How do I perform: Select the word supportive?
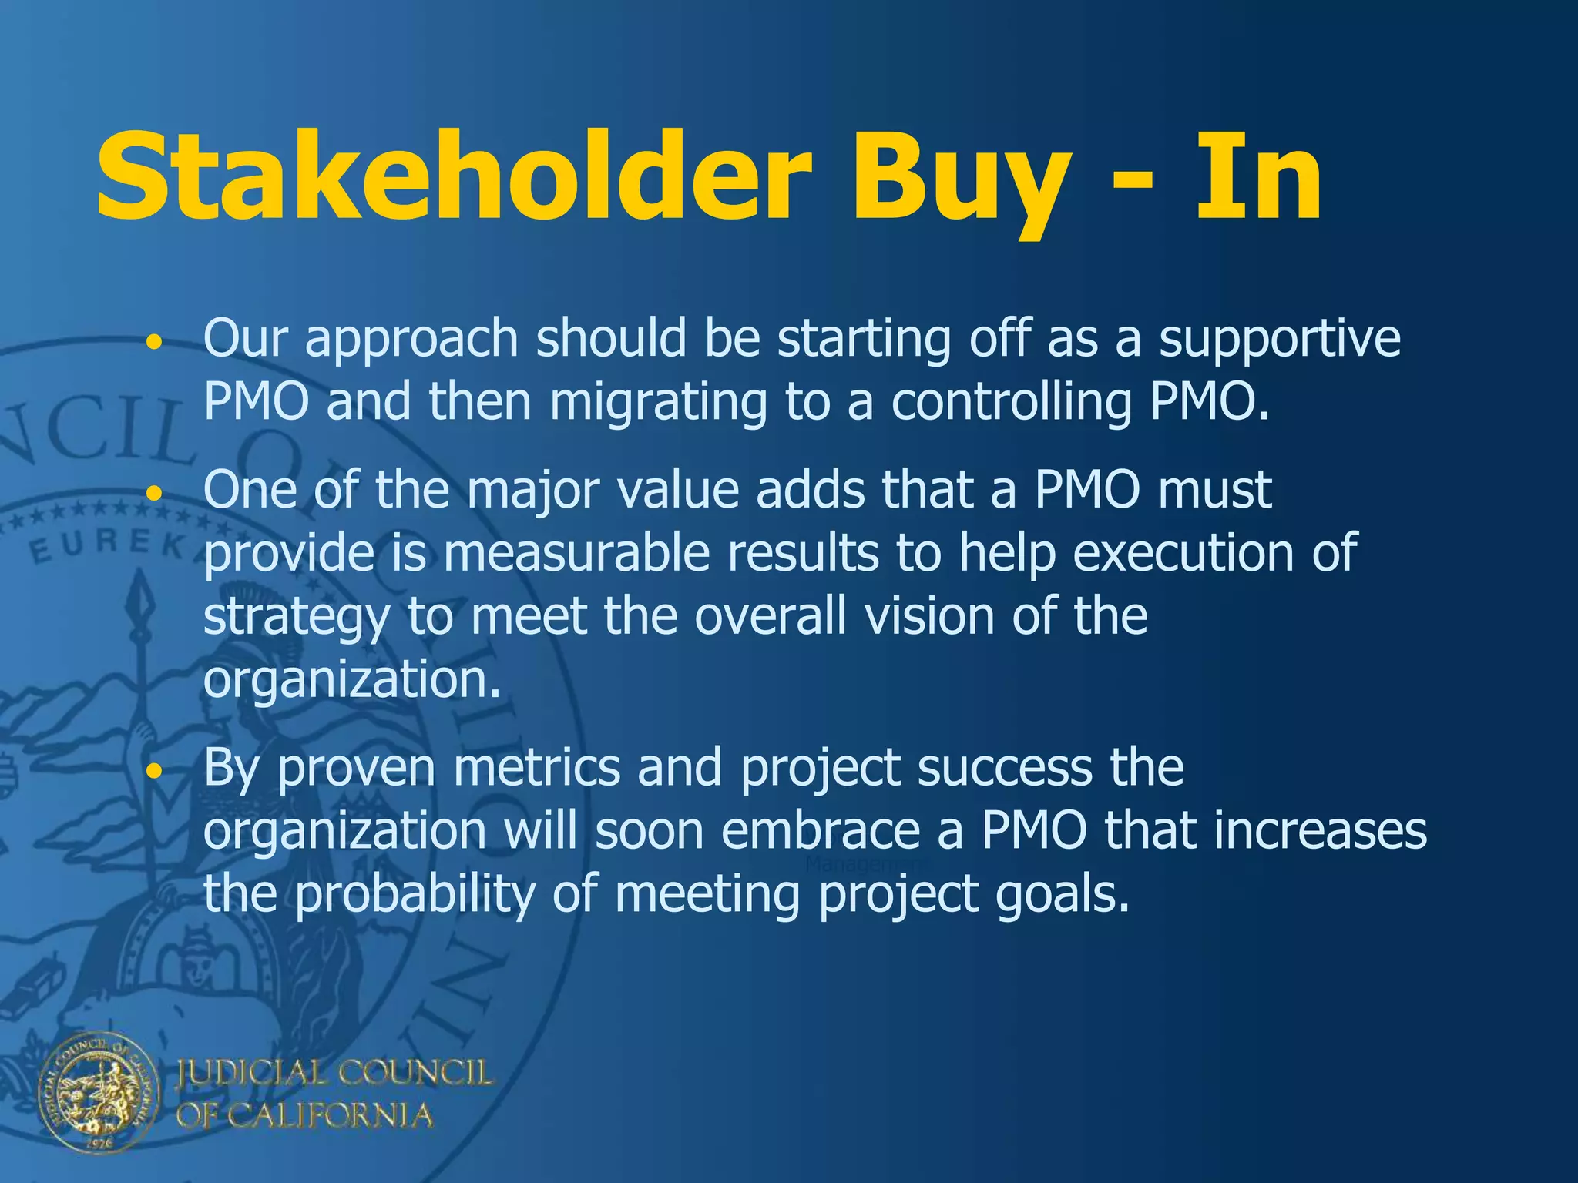click(x=1280, y=340)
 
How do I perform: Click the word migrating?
click(x=659, y=403)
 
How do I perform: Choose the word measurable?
click(x=576, y=553)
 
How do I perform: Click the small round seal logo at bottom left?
click(x=99, y=1093)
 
